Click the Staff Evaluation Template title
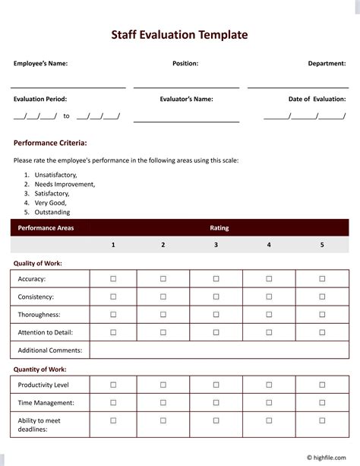pos(179,34)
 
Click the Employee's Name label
pos(40,64)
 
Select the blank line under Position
pos(186,87)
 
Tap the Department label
pos(327,64)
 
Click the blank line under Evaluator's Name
pos(186,120)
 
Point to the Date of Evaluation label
pos(317,99)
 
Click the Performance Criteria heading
pos(50,142)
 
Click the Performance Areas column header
pos(46,227)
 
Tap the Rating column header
pos(219,227)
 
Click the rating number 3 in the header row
pos(216,245)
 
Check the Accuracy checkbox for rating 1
pos(113,279)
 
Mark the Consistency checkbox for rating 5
pos(322,296)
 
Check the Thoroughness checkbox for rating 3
pos(216,314)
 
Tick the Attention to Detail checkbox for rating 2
pos(163,331)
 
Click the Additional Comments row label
pos(49,350)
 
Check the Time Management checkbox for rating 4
pos(269,402)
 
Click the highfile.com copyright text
pos(330,458)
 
